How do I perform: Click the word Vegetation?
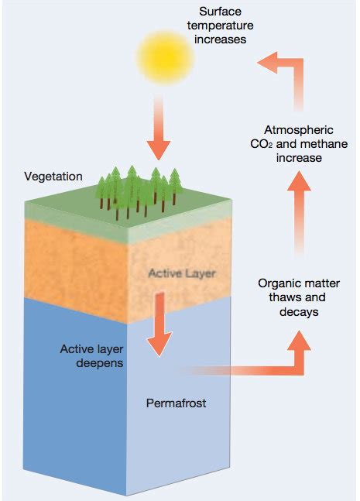pos(53,177)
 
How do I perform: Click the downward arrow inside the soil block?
pos(160,325)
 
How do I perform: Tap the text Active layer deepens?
pos(92,355)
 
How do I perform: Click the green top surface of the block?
pos(70,205)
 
